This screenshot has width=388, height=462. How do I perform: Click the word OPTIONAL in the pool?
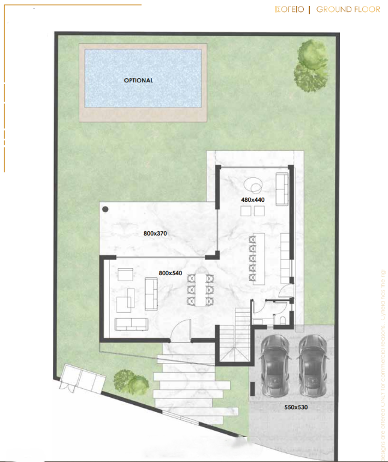(x=138, y=80)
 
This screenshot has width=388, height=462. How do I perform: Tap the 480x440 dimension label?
(x=253, y=199)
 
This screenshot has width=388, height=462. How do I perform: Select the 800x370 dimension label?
(x=155, y=233)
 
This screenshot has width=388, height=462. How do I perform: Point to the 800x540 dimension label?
(x=170, y=273)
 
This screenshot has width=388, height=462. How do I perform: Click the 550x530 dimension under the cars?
(x=296, y=407)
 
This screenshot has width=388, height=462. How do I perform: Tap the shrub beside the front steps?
(x=130, y=381)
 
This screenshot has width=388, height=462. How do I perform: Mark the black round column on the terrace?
(x=105, y=210)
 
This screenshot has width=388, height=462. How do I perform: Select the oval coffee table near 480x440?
(x=252, y=185)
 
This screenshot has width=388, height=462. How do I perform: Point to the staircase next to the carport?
(x=233, y=339)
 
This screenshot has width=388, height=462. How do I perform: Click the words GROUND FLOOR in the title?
(x=348, y=9)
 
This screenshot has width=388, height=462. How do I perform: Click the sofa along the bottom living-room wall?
(x=132, y=324)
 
